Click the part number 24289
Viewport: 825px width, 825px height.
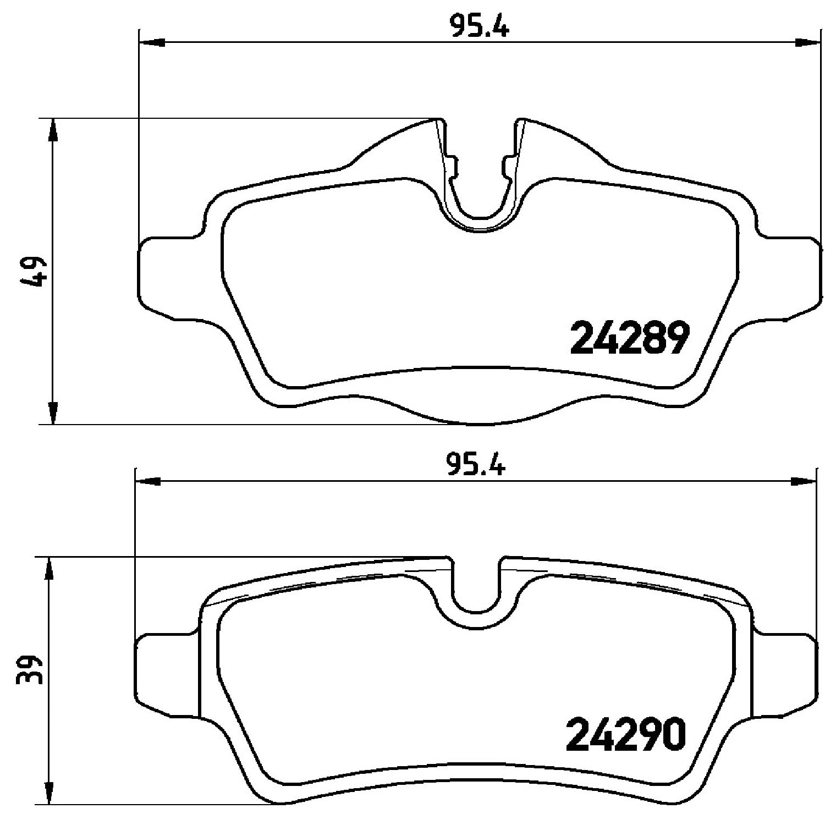(630, 338)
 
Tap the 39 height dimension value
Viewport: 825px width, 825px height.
(31, 669)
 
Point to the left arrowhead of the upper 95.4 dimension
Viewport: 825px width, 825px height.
(152, 42)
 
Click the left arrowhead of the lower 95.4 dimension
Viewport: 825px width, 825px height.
(148, 482)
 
